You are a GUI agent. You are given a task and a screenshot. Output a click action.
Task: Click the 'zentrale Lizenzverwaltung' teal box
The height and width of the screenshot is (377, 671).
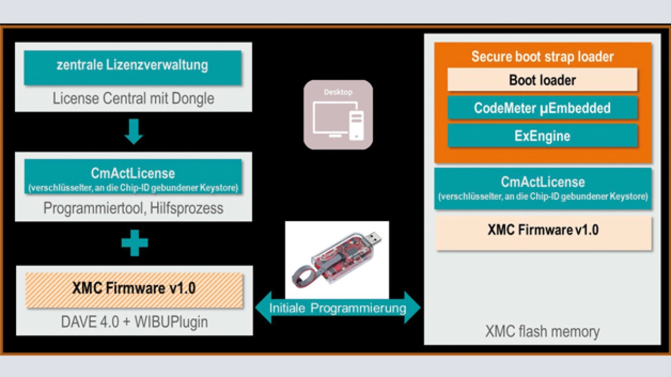coord(133,68)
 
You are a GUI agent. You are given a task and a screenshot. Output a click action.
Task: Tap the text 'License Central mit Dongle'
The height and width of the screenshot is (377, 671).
coord(133,98)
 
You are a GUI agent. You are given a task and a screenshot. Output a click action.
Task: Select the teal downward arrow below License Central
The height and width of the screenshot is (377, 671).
coord(134,132)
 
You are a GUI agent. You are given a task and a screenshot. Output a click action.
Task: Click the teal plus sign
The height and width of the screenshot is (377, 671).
coord(135,243)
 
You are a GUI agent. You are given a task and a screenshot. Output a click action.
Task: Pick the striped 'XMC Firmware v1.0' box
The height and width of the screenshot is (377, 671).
coord(134,290)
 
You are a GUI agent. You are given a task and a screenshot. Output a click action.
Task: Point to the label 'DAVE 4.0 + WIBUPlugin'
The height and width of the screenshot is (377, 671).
coord(134,322)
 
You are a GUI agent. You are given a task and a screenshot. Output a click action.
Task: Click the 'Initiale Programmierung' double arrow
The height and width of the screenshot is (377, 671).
coord(338,308)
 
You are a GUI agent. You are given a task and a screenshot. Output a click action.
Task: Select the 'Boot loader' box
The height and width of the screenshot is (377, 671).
coord(543,80)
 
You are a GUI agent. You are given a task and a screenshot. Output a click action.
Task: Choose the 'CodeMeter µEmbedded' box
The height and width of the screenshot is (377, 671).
coord(543,108)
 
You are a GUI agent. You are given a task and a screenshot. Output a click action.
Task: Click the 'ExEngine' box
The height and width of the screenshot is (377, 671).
coord(543,136)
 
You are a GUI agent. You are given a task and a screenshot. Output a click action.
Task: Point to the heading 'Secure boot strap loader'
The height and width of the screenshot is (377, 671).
coord(543,57)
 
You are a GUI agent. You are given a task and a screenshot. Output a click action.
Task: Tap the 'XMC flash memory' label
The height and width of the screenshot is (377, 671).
coord(543,331)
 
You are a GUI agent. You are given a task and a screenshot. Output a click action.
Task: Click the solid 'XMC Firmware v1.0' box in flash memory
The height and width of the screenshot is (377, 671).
coord(544,233)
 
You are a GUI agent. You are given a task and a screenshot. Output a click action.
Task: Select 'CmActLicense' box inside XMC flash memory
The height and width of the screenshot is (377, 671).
coord(543,188)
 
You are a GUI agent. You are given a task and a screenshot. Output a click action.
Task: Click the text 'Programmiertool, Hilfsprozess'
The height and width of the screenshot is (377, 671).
coord(133,208)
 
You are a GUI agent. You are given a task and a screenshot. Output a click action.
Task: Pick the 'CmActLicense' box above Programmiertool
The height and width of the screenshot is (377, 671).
coord(133,177)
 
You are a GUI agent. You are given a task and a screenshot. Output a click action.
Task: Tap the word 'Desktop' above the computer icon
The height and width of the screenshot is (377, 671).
coord(338,92)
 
